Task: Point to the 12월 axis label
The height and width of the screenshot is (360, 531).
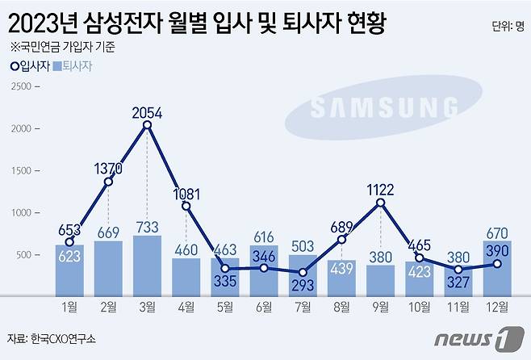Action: click(497, 306)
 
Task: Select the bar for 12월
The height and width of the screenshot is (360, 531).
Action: click(497, 268)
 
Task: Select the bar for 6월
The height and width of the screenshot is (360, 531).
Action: click(263, 270)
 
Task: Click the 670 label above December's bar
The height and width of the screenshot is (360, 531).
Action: click(498, 232)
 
